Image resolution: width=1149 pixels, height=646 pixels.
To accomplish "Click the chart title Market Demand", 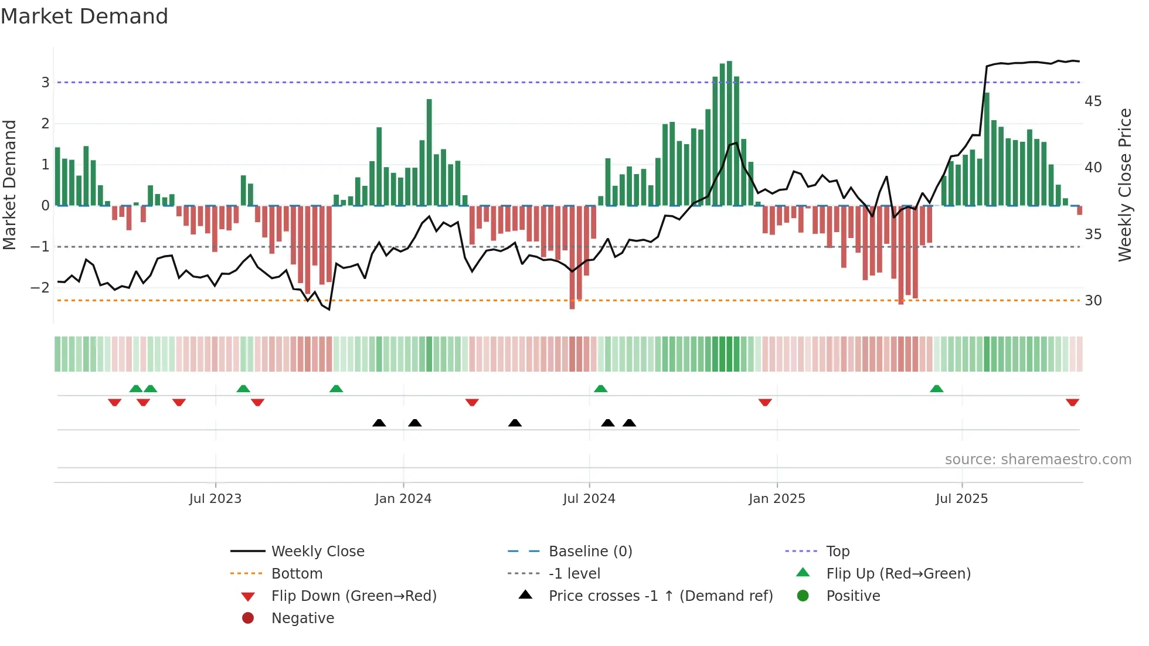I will [x=84, y=16].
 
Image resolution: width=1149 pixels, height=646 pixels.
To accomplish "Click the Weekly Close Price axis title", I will [x=1124, y=185].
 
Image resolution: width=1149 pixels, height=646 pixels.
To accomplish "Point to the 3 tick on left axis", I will [x=45, y=83].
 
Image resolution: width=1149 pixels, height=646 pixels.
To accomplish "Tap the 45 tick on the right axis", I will [x=1093, y=101].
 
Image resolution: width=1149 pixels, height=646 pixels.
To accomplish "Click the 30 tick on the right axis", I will [x=1093, y=301].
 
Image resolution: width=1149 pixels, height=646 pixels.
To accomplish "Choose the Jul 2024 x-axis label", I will [x=589, y=499].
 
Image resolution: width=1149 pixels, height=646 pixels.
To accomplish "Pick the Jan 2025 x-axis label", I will [x=777, y=499].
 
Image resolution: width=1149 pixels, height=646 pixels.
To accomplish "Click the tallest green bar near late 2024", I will [x=729, y=134].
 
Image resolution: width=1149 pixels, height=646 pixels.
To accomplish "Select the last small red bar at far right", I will [x=1079, y=210].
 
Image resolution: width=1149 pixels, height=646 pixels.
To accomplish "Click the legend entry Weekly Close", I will [x=317, y=552].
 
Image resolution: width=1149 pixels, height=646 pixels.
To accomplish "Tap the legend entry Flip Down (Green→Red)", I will [x=353, y=596].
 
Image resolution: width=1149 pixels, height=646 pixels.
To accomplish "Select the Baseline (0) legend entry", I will [x=590, y=552].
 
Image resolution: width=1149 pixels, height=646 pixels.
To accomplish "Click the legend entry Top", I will [x=838, y=552].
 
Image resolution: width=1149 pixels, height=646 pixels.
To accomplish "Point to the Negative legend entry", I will [x=302, y=618].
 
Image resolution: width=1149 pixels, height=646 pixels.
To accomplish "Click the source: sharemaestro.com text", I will [x=1038, y=460].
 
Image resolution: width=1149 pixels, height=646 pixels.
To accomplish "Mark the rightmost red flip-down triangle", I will [x=1072, y=402].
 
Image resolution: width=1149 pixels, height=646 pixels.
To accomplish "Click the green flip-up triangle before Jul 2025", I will [x=936, y=389].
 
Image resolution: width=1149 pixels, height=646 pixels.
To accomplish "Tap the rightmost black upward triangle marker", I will [x=629, y=423].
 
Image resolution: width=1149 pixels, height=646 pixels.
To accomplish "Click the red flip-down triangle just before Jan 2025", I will [x=764, y=402].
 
